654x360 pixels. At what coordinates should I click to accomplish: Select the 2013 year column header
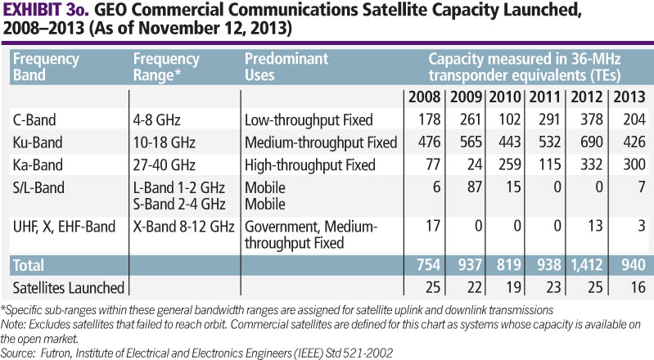coord(629,98)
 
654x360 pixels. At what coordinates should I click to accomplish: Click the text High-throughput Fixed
coord(309,164)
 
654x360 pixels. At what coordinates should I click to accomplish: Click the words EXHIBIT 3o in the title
coord(43,13)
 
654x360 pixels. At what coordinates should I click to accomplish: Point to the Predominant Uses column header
coord(286,68)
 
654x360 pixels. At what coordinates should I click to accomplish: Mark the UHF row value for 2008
coord(434,226)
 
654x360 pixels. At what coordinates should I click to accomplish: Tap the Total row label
coord(30,266)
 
